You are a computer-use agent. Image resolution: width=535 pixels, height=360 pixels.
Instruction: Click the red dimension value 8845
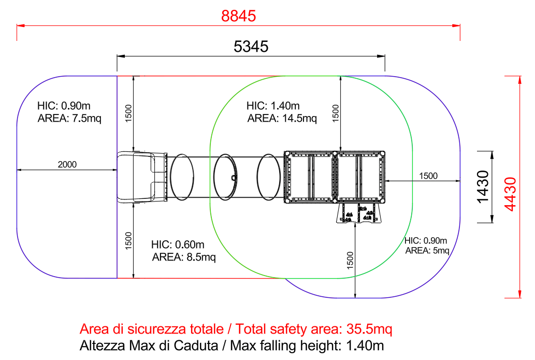click(239, 16)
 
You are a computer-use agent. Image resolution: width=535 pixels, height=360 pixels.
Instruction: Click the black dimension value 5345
click(251, 47)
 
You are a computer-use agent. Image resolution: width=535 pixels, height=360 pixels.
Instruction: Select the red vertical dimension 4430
click(510, 194)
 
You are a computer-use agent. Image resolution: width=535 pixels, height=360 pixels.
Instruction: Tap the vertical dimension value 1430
click(483, 186)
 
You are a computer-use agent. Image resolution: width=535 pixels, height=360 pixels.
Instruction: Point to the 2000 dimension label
click(67, 165)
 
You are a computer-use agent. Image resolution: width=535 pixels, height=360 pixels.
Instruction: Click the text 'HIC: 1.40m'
click(273, 106)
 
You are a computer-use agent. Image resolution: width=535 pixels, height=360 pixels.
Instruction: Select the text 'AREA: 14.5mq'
click(282, 119)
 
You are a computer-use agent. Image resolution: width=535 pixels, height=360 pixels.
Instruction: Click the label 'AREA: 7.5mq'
click(69, 119)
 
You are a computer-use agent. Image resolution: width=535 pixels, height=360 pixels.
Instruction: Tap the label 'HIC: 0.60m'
click(178, 244)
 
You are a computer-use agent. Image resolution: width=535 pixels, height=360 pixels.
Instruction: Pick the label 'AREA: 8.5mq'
click(184, 257)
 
